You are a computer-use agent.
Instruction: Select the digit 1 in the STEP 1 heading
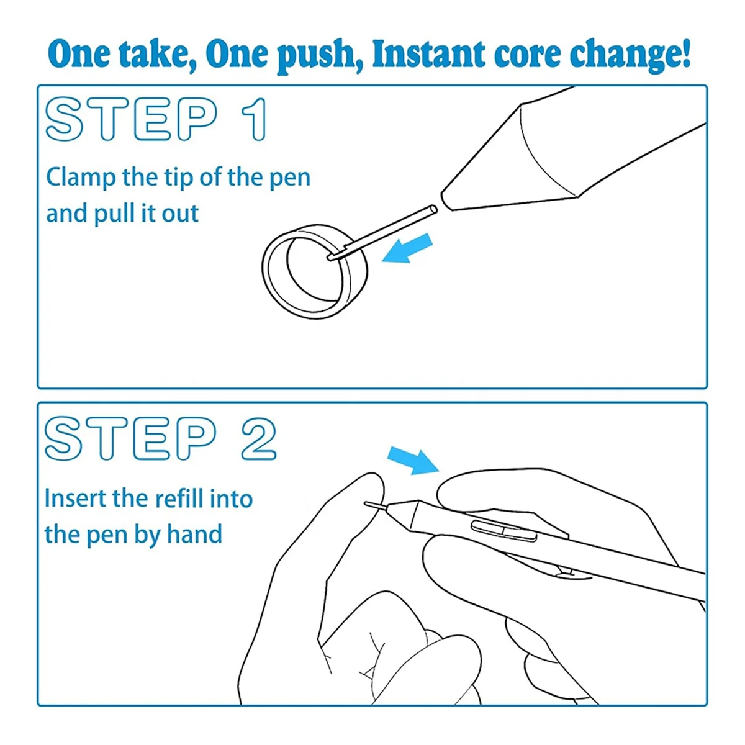point(254,119)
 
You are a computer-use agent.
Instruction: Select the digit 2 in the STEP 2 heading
point(258,439)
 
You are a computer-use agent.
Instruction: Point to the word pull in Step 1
point(114,214)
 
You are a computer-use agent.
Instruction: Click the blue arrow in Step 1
point(407,248)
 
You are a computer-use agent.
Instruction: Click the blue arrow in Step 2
point(413,459)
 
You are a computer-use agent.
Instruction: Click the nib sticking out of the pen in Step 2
point(376,505)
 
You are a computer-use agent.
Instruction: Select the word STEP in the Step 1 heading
point(130,119)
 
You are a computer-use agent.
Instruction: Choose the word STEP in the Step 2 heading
point(130,439)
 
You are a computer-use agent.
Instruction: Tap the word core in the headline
point(526,57)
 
